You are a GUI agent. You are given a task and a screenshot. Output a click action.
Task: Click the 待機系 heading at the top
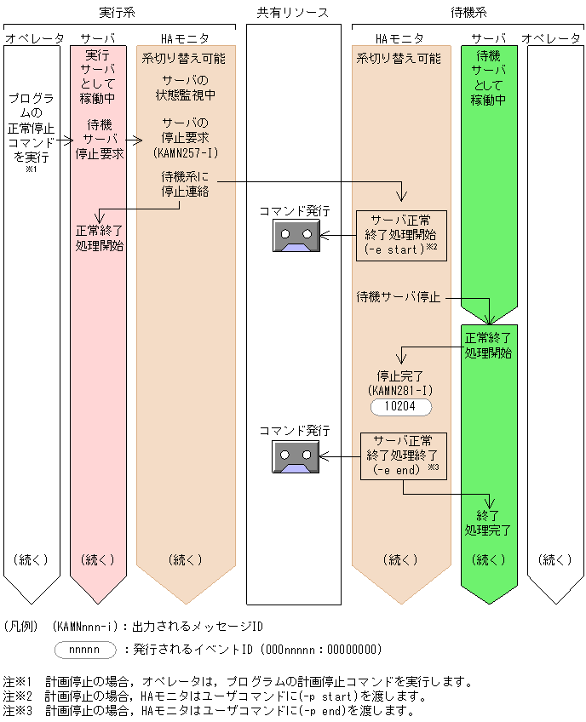(468, 12)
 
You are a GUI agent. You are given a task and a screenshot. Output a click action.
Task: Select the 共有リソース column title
(293, 12)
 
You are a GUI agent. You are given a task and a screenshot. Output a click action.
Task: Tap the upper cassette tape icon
(296, 236)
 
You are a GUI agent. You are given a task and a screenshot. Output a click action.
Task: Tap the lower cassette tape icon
(296, 457)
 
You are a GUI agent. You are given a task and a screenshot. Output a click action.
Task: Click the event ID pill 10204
(400, 407)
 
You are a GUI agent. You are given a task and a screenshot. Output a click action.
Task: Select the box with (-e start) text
(400, 235)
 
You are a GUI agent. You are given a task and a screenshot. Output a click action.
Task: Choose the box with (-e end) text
(400, 456)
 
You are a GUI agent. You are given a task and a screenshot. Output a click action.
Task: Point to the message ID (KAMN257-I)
(185, 153)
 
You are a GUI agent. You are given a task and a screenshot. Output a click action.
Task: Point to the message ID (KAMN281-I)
(400, 389)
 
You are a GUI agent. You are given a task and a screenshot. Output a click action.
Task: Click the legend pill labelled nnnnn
(84, 650)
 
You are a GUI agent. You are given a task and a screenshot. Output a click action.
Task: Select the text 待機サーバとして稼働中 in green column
(489, 77)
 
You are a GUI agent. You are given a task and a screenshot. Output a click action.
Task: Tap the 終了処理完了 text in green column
(489, 523)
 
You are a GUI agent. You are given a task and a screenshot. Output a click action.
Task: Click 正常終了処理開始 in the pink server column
(99, 238)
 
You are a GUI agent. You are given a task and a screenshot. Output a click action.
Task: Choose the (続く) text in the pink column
(99, 560)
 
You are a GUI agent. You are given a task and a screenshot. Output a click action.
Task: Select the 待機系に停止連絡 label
(185, 184)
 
